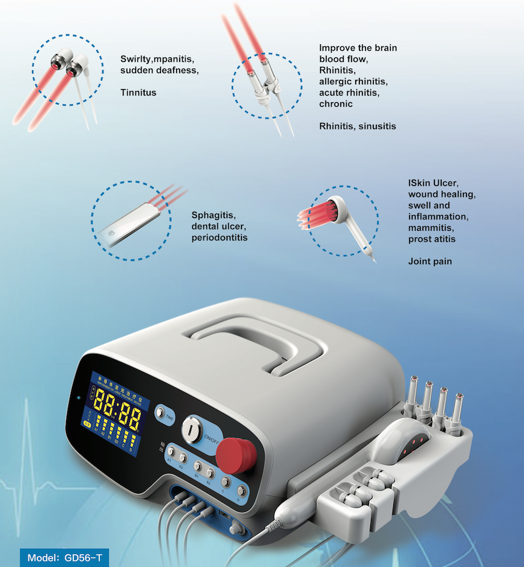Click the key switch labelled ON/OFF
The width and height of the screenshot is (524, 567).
click(192, 429)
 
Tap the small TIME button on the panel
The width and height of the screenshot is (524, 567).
click(161, 413)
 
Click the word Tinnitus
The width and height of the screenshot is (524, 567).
click(138, 93)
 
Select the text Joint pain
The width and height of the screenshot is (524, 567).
click(429, 262)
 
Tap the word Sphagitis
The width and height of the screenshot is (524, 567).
click(214, 215)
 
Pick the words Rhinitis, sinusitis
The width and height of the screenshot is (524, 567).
click(358, 126)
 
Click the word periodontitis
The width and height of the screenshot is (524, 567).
click(219, 237)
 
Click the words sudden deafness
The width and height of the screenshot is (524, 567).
click(159, 70)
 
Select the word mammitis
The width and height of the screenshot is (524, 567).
click(431, 228)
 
